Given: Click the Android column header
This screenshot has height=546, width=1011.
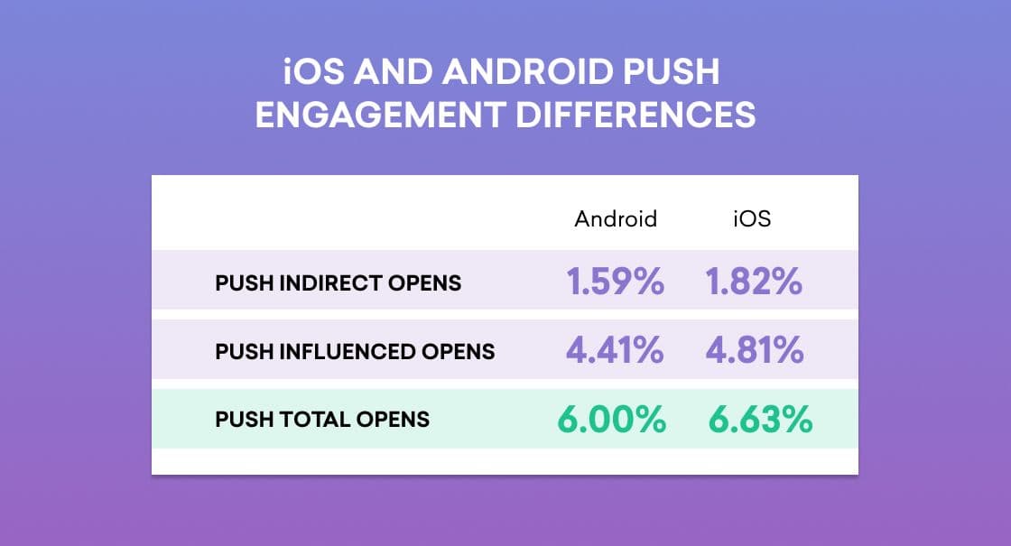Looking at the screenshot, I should tap(616, 219).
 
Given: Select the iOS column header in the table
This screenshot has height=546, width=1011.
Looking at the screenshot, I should tap(752, 219).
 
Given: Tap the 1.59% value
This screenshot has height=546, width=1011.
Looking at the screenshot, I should tap(616, 282).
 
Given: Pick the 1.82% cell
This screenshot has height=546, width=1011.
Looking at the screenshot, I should tap(753, 282).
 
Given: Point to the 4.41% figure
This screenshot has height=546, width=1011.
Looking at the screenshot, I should tap(615, 351).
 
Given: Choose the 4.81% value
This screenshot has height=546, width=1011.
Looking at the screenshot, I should tap(753, 351).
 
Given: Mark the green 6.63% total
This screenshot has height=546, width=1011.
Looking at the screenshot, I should tap(760, 420).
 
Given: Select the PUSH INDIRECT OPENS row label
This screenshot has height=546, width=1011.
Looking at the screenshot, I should tap(338, 283).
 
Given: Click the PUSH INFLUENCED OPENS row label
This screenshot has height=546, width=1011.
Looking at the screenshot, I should tap(355, 351).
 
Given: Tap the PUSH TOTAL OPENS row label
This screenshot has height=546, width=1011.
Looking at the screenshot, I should tap(322, 420).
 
